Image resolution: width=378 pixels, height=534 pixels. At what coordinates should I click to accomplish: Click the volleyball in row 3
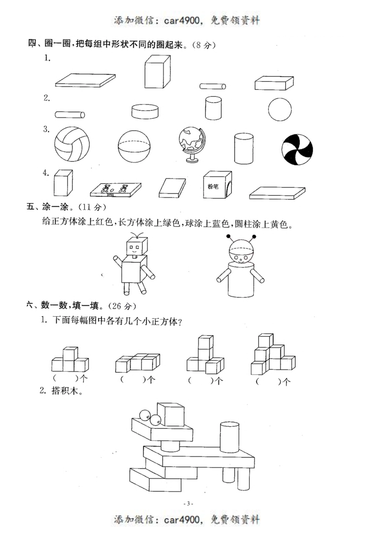click(x=72, y=144)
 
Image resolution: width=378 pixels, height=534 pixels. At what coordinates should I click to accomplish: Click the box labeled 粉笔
click(x=217, y=185)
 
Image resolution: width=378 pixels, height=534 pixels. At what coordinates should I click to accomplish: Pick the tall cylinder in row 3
click(x=244, y=149)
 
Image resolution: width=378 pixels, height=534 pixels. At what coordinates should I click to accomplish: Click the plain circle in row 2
click(x=280, y=109)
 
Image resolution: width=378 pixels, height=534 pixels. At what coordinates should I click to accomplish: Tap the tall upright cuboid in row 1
click(x=158, y=72)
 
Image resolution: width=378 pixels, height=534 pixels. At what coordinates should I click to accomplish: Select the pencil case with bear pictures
click(x=116, y=190)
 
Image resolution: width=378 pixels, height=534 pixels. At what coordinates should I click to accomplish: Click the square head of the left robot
click(x=136, y=247)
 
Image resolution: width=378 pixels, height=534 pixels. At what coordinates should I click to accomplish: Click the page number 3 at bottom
click(x=189, y=503)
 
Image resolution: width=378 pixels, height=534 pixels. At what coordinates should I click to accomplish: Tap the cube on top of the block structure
click(x=171, y=415)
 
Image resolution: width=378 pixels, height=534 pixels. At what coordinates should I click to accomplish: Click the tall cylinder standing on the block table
click(x=229, y=437)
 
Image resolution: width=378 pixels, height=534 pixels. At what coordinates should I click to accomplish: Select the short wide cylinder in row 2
click(x=145, y=111)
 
